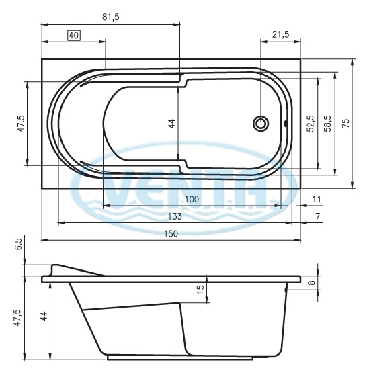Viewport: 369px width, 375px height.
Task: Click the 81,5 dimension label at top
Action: (111, 17)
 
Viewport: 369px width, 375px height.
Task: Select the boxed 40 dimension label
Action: (74, 36)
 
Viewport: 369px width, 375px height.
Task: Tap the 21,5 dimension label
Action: (280, 35)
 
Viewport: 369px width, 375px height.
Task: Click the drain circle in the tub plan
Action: (261, 124)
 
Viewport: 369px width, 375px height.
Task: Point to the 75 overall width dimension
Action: (345, 123)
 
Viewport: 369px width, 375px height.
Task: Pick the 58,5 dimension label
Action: (327, 123)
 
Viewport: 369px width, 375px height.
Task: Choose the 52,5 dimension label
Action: (311, 123)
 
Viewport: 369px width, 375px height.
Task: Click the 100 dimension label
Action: (192, 199)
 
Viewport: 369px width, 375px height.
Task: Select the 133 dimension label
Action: (175, 216)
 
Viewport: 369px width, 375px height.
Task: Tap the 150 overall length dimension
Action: (171, 233)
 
